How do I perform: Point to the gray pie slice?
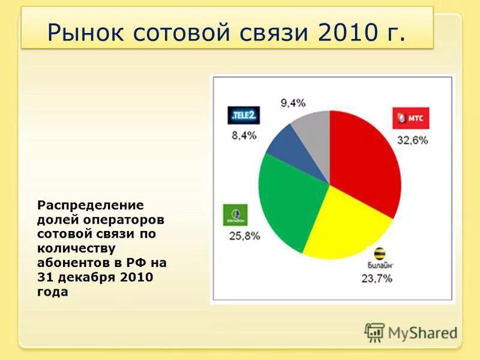315,135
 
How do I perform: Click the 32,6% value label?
412,140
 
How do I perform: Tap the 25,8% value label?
244,236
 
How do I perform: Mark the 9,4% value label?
293,103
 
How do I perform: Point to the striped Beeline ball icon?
379,254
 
